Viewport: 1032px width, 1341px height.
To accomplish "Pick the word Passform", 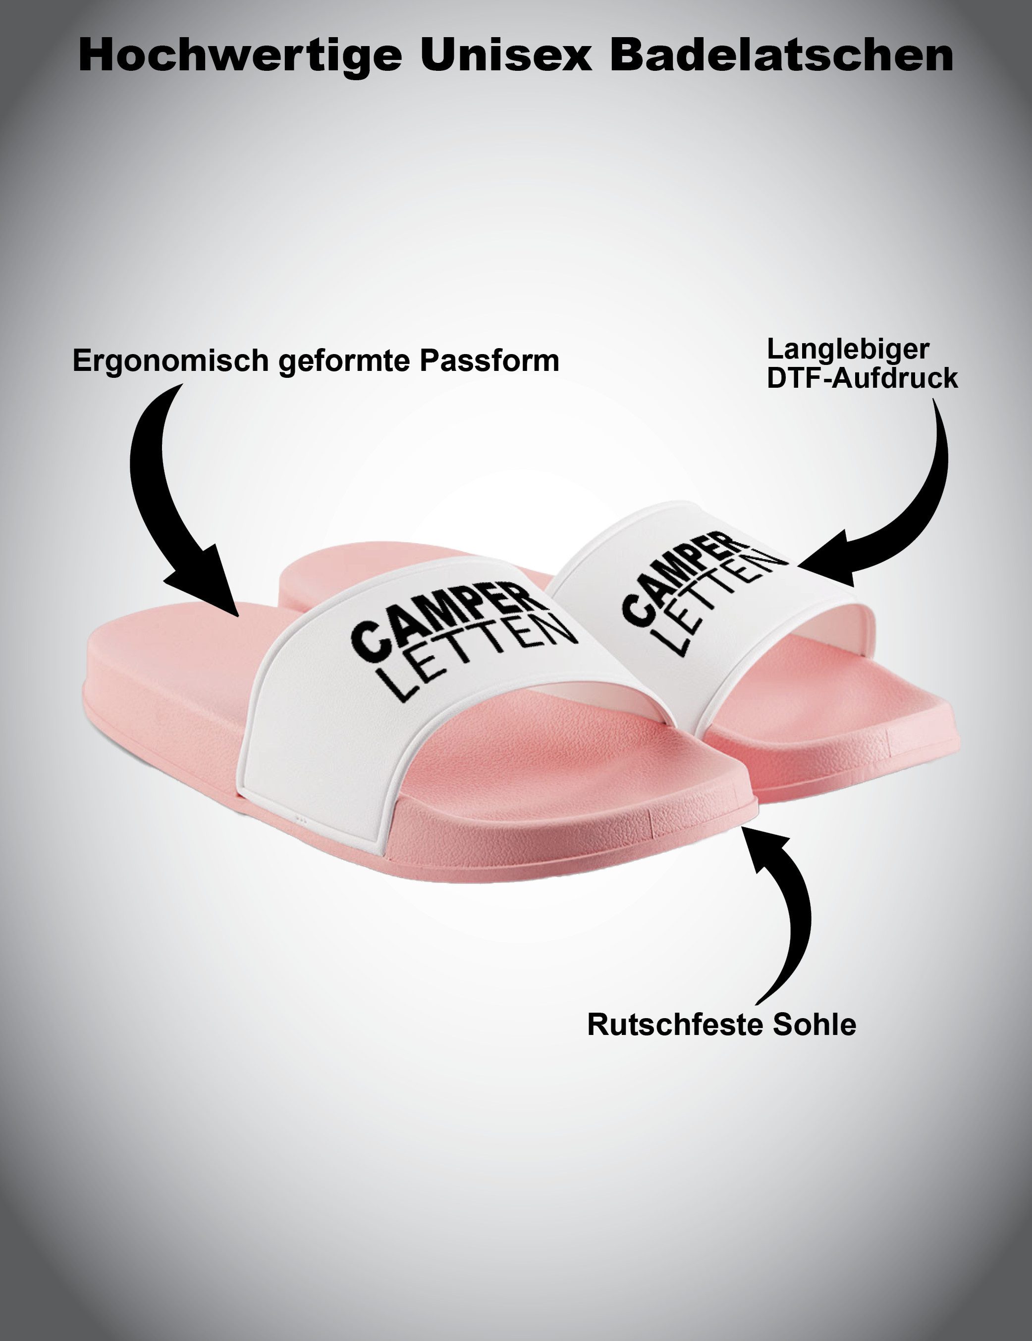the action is [x=490, y=361].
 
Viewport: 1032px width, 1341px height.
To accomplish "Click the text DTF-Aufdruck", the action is [x=863, y=378].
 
